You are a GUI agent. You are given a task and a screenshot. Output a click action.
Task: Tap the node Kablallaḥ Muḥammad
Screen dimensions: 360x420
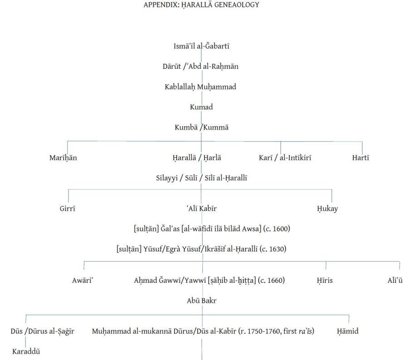point(200,87)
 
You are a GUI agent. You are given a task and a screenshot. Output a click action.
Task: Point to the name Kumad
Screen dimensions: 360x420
point(201,107)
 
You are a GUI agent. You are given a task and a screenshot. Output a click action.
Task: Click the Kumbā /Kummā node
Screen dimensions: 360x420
point(201,128)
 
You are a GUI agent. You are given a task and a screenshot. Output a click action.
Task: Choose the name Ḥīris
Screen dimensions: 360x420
point(325,280)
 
